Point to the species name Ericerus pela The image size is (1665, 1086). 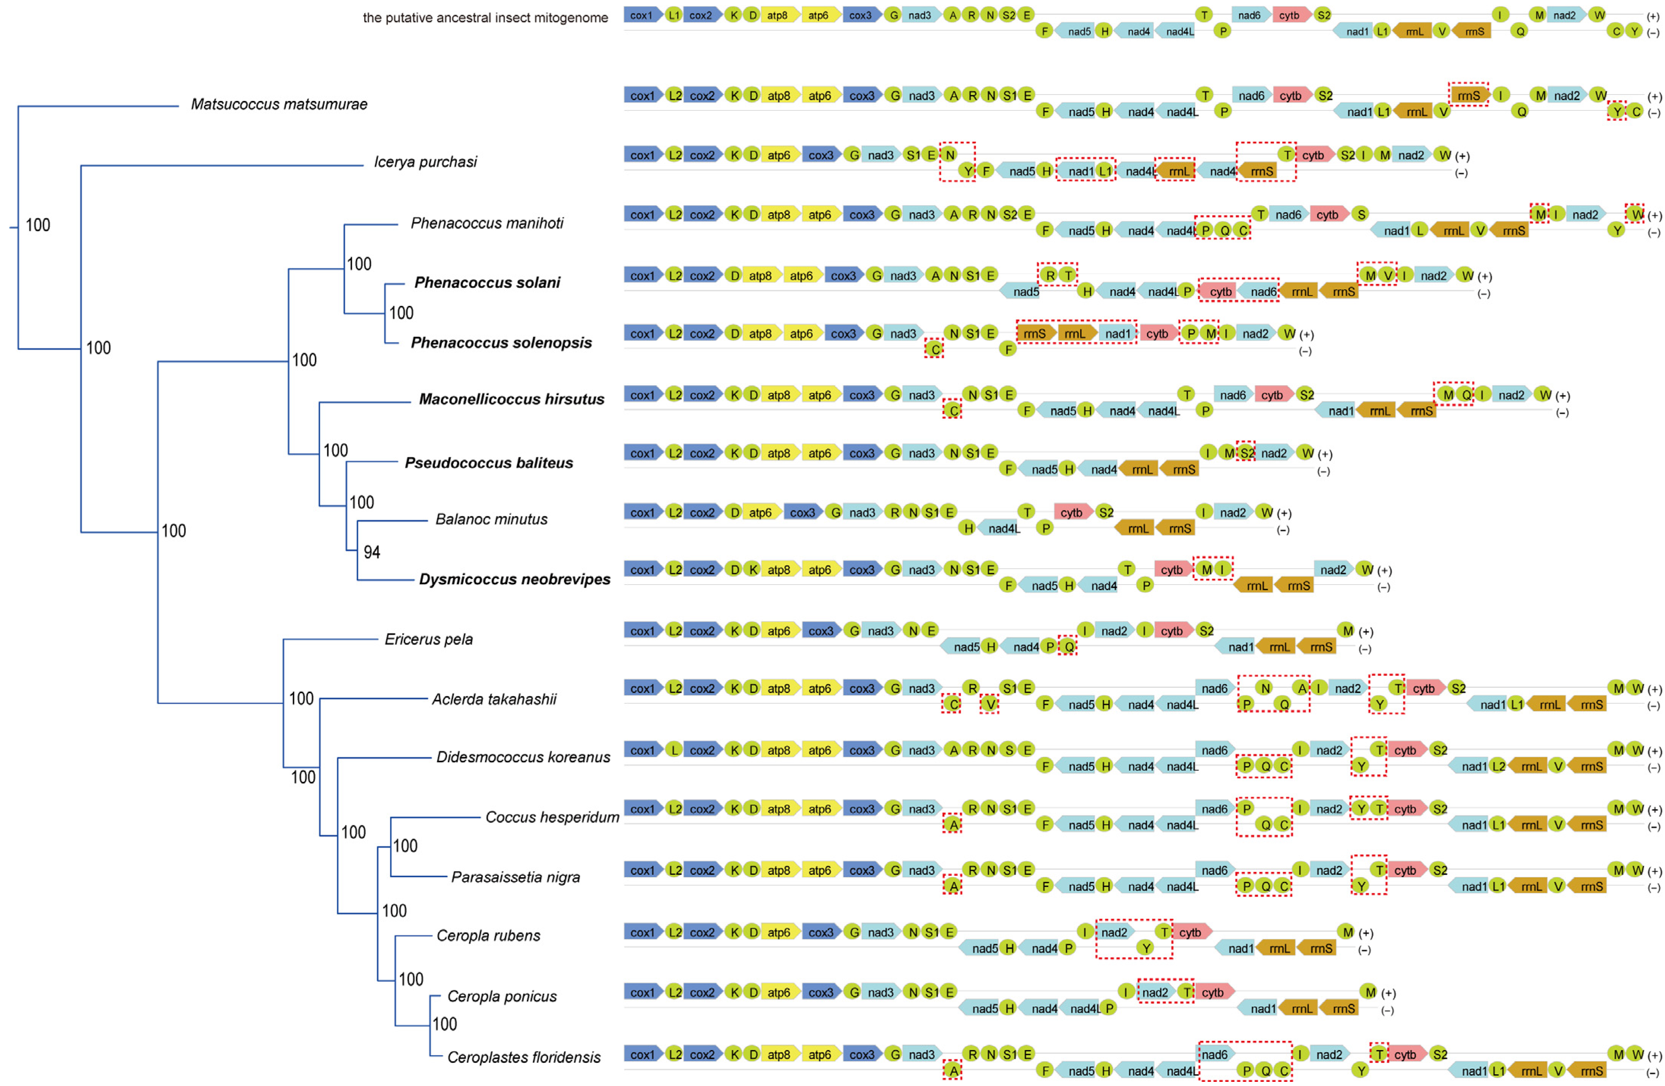pos(428,639)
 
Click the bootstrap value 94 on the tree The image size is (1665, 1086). pos(371,552)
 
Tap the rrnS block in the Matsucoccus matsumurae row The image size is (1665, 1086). pos(1468,96)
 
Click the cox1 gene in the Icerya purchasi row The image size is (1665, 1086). pos(641,154)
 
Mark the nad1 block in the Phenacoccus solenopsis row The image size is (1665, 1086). pos(1117,334)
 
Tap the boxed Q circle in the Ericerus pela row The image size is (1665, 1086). pos(1068,647)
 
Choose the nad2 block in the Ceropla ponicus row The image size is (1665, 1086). pos(1156,992)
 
